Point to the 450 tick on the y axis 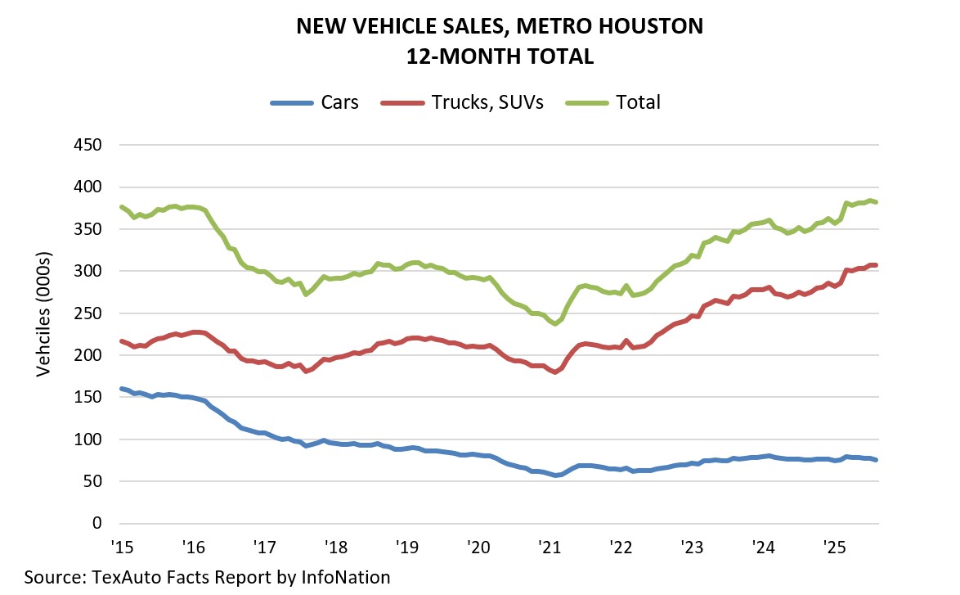(x=93, y=145)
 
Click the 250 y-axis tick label (x=93, y=313)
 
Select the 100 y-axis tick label (x=93, y=439)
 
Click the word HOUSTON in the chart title (x=642, y=26)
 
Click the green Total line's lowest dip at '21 (x=556, y=324)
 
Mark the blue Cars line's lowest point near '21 (x=556, y=475)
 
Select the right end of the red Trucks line (x=877, y=265)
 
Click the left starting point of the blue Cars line (x=122, y=389)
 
